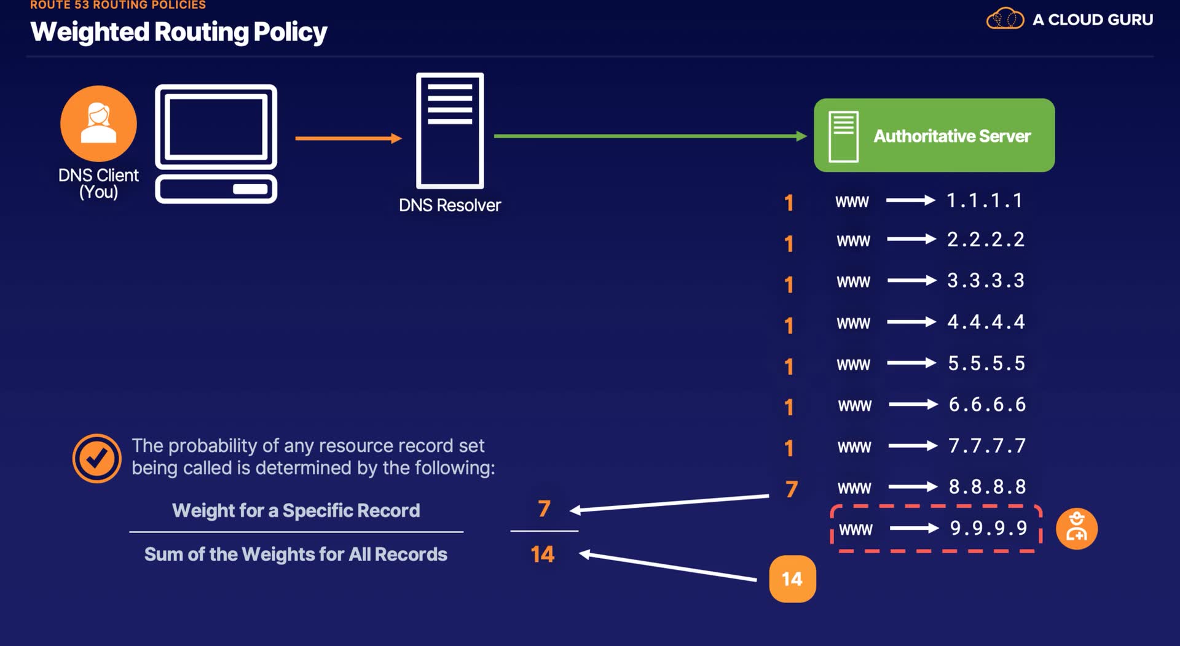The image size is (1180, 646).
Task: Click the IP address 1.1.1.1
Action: [984, 201]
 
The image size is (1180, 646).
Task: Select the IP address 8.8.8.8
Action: [987, 487]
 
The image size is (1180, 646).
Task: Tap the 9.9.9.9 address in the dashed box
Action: [988, 528]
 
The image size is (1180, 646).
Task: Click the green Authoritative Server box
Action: [934, 135]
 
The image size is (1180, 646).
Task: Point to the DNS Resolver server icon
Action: [450, 131]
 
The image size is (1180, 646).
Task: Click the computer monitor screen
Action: [216, 127]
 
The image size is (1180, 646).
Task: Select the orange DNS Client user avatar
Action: [98, 123]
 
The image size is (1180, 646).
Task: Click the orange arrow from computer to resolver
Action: [348, 138]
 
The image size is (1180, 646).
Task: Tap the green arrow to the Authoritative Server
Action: [650, 136]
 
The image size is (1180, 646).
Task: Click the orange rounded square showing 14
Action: [792, 579]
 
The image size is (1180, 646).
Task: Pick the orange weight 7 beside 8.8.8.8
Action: [792, 489]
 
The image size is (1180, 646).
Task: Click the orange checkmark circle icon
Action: [96, 458]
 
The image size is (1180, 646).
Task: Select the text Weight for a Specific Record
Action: [296, 510]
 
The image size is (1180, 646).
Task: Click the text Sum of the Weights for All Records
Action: [296, 555]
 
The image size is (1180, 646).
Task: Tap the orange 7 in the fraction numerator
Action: [544, 508]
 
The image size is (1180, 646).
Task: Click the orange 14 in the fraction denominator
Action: [543, 555]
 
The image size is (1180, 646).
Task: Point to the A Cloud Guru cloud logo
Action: [1005, 19]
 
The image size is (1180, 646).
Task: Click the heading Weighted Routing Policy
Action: [178, 32]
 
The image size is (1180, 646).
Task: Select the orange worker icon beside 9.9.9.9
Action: [1076, 529]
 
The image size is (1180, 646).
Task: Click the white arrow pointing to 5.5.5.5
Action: [911, 364]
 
